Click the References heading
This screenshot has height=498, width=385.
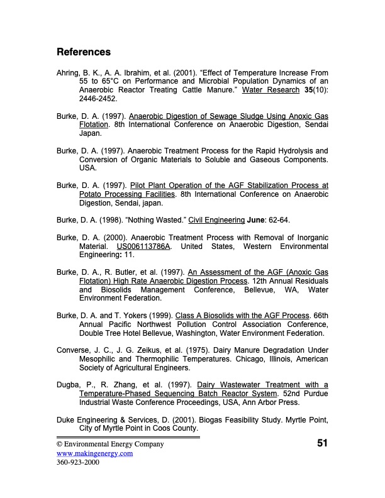coord(84,52)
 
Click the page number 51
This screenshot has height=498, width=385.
coord(322,444)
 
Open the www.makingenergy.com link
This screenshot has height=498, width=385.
coord(94,453)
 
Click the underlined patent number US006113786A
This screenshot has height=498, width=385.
coord(144,246)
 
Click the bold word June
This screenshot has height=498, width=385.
coord(259,220)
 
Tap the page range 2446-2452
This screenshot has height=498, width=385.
coord(98,99)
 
